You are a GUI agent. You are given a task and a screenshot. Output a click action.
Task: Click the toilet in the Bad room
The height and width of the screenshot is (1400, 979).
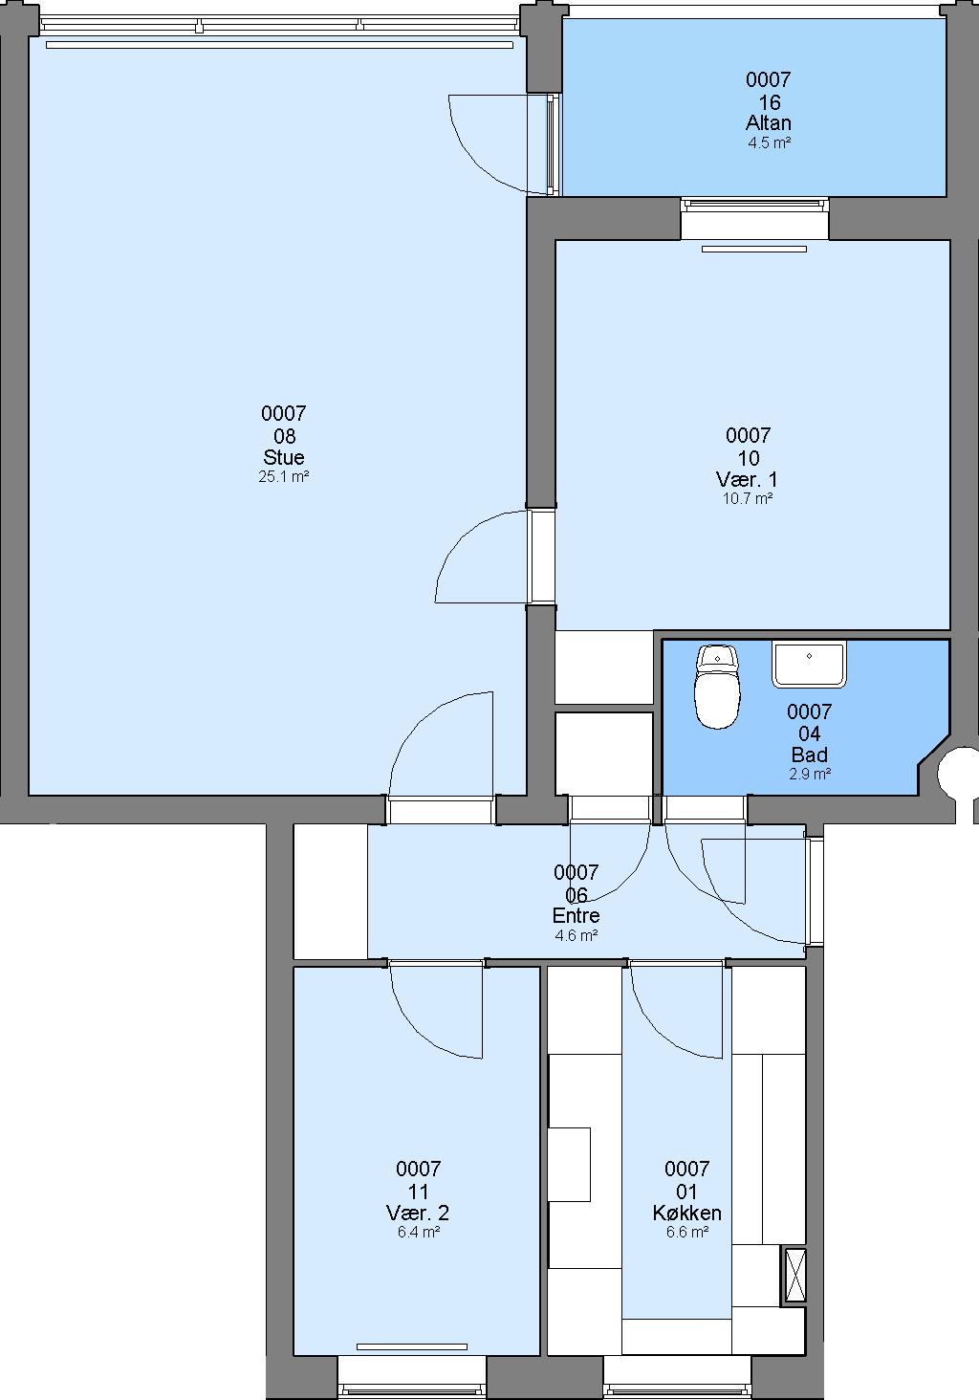(x=717, y=687)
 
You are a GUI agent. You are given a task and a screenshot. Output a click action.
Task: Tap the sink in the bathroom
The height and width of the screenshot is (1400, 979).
(x=809, y=664)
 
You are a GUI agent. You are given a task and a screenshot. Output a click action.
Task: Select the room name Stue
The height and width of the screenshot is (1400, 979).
(x=284, y=457)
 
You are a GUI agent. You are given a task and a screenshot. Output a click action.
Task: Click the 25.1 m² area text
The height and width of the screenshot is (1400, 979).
(x=284, y=477)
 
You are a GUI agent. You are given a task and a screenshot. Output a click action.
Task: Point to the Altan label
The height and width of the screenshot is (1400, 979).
(x=769, y=122)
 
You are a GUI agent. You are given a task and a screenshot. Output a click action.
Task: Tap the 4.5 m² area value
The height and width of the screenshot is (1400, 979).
(x=769, y=142)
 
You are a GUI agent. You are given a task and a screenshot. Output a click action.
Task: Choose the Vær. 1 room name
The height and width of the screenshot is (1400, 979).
(x=748, y=479)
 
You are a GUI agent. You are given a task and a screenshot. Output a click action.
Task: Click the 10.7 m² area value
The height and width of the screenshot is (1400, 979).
(x=748, y=499)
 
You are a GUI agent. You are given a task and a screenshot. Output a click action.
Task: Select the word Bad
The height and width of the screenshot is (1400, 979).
(x=809, y=754)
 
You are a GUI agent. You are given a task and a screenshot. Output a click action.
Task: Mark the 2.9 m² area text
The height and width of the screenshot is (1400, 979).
(x=810, y=774)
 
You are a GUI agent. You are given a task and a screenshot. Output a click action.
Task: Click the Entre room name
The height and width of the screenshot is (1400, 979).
(x=577, y=915)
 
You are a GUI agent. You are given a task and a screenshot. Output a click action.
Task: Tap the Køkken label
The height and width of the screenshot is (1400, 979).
(x=686, y=1213)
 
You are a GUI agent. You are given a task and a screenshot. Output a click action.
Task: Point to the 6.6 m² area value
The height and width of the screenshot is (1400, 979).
(x=687, y=1233)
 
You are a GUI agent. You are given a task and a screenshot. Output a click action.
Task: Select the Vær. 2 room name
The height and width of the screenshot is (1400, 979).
(x=418, y=1213)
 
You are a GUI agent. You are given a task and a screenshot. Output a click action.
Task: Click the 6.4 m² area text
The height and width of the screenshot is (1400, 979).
(x=419, y=1233)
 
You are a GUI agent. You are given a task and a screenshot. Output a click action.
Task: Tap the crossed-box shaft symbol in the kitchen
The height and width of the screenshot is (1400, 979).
(x=795, y=1275)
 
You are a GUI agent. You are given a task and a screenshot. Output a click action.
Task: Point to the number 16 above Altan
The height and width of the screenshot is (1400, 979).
(x=769, y=102)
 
